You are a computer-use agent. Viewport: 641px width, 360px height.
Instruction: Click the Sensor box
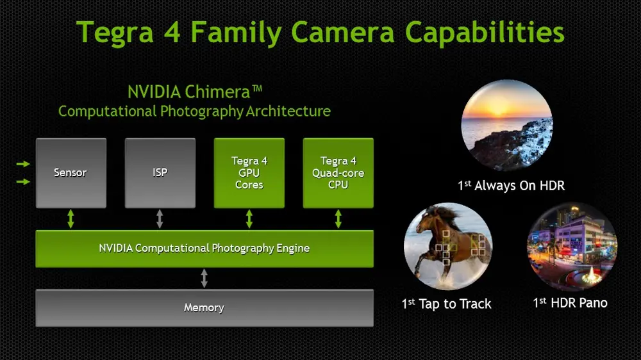click(x=71, y=172)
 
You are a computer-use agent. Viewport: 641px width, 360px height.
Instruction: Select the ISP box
click(x=160, y=172)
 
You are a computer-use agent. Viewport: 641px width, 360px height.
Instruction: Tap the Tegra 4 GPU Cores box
click(x=249, y=172)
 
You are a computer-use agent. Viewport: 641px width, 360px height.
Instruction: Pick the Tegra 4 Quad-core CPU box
click(x=338, y=172)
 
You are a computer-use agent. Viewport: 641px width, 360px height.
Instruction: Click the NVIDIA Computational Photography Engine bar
click(x=204, y=249)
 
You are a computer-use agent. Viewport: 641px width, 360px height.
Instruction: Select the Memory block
click(x=204, y=307)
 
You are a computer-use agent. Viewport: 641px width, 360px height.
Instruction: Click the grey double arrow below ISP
click(x=160, y=219)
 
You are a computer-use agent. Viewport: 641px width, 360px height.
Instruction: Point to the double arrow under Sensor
click(x=71, y=219)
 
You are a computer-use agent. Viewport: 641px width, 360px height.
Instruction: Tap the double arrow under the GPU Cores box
click(x=249, y=219)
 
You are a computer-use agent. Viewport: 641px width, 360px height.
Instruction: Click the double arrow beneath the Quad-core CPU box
click(x=338, y=219)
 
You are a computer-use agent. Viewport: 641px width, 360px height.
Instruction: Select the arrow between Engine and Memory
click(x=204, y=278)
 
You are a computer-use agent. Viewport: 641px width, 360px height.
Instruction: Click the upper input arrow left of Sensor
click(x=22, y=165)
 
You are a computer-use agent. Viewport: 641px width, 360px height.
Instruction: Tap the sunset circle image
click(x=507, y=126)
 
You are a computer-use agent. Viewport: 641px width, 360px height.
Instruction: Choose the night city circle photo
click(x=572, y=247)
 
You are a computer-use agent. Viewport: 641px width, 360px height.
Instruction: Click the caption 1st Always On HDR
click(x=511, y=186)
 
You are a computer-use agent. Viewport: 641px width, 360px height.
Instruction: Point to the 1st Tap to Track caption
click(x=447, y=304)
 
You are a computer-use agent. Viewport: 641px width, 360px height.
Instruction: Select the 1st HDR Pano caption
click(x=570, y=302)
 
